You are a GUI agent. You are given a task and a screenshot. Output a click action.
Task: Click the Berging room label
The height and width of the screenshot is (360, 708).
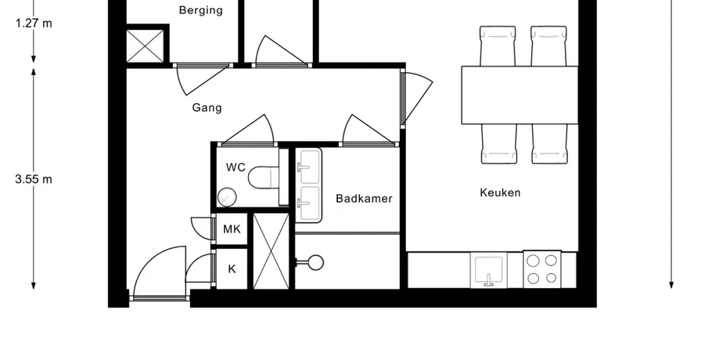click(x=201, y=10)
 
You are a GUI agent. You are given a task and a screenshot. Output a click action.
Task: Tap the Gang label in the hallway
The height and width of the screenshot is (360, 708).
click(x=207, y=107)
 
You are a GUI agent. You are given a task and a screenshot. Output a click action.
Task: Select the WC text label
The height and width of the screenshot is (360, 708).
click(x=235, y=167)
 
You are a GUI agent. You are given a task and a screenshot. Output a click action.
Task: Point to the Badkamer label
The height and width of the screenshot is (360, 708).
click(x=364, y=198)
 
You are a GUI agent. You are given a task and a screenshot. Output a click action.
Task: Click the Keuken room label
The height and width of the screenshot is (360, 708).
click(x=500, y=193)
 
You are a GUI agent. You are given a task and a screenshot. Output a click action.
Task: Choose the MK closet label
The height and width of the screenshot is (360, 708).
click(x=232, y=229)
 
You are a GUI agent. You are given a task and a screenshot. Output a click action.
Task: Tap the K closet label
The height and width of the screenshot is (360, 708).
click(x=232, y=269)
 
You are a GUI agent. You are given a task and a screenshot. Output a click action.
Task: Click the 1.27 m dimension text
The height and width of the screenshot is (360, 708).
click(x=34, y=23)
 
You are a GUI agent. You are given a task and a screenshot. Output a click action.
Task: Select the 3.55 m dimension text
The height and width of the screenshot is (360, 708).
click(x=34, y=179)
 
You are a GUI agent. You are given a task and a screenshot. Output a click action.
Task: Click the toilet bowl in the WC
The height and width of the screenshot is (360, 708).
click(x=263, y=178)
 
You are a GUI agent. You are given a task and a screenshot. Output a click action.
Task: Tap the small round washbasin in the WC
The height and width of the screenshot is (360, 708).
click(x=227, y=197)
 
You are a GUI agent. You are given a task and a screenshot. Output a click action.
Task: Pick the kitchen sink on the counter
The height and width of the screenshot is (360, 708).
click(x=488, y=270)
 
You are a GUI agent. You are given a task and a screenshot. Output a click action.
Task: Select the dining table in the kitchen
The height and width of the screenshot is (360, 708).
click(x=519, y=95)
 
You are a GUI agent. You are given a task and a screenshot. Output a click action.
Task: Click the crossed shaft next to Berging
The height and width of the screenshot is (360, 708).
click(x=145, y=45)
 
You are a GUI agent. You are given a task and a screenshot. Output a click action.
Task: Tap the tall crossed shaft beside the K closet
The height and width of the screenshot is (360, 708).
click(x=271, y=251)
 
